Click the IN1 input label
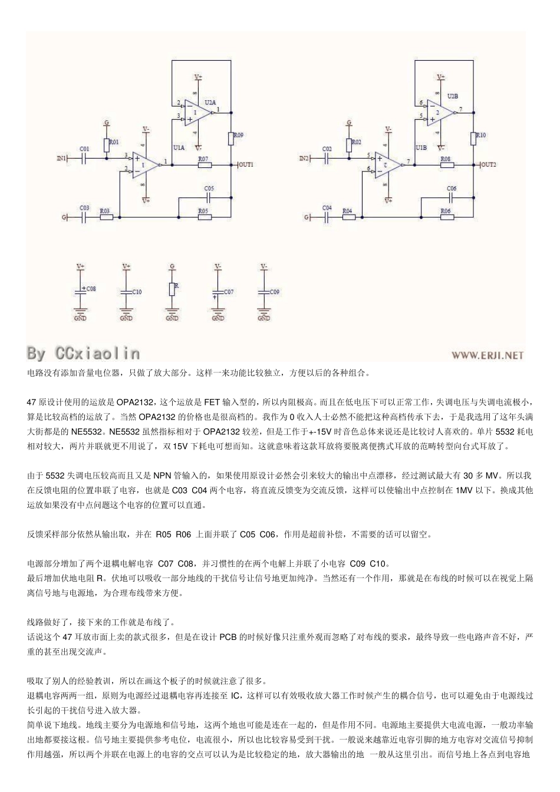point(62,158)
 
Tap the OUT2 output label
point(489,164)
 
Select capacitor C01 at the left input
point(85,158)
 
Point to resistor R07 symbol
point(205,165)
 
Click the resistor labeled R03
point(106,217)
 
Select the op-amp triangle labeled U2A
point(197,113)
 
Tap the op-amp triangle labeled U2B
point(439,113)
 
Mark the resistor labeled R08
point(446,165)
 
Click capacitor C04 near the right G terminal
point(328,217)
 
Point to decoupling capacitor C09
point(263,292)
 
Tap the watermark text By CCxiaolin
point(83,353)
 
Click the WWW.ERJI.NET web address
point(487,355)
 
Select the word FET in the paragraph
point(212,402)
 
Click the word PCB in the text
point(227,637)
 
